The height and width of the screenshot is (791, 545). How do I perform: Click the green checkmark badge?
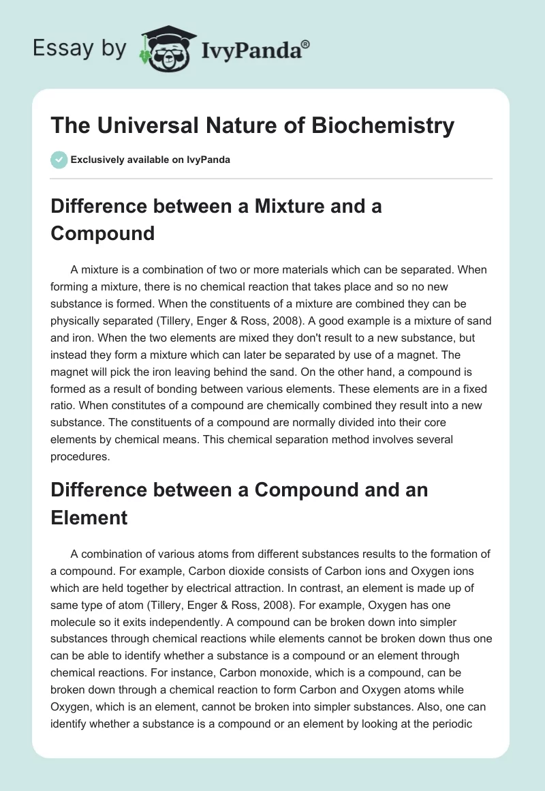(x=59, y=160)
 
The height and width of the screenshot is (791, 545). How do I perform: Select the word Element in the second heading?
(x=89, y=517)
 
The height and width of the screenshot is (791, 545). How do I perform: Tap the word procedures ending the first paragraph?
(x=79, y=457)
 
